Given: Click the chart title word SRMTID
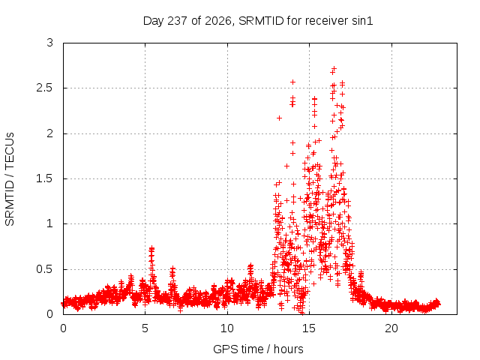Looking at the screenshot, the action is pyautogui.click(x=261, y=21).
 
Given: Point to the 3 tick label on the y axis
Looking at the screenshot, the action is pyautogui.click(x=50, y=43).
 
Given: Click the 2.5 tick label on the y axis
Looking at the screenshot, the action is pyautogui.click(x=45, y=88).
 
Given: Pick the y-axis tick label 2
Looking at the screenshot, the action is pyautogui.click(x=50, y=133).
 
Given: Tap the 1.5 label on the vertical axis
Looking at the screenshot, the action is pyautogui.click(x=45, y=178).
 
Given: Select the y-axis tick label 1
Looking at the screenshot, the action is pyautogui.click(x=50, y=223).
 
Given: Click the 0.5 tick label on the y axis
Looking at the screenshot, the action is pyautogui.click(x=45, y=269).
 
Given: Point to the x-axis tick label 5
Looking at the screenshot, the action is pyautogui.click(x=145, y=328).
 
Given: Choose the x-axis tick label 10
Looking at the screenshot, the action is pyautogui.click(x=227, y=328).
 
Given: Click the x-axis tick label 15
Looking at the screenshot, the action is pyautogui.click(x=309, y=328).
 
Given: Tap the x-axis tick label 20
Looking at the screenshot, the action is pyautogui.click(x=391, y=328).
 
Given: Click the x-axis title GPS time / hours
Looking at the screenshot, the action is pyautogui.click(x=258, y=349).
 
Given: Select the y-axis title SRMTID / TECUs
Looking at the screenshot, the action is pyautogui.click(x=10, y=179).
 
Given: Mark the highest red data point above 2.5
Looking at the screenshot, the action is pyautogui.click(x=334, y=68).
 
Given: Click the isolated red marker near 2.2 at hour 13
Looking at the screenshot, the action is pyautogui.click(x=279, y=118).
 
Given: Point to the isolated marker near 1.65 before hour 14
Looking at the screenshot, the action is pyautogui.click(x=286, y=166).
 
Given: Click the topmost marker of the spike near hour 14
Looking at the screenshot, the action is pyautogui.click(x=293, y=82).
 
